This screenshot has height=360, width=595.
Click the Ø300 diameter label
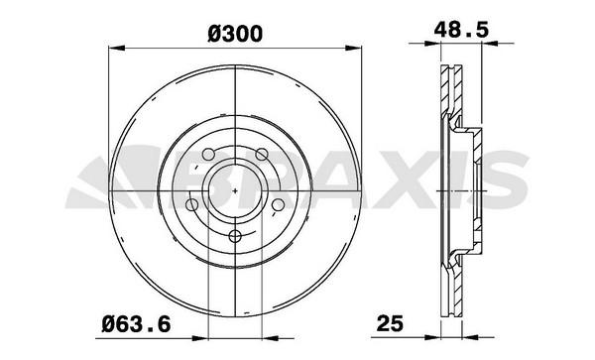(x=235, y=34)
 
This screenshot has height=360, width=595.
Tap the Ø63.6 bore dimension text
(x=136, y=324)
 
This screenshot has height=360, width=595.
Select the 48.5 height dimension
(x=461, y=30)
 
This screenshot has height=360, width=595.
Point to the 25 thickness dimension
(x=390, y=324)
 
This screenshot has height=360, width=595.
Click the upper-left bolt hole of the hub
(x=208, y=154)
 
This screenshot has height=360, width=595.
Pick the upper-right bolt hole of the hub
(x=262, y=154)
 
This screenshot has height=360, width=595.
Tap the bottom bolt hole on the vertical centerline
(x=235, y=236)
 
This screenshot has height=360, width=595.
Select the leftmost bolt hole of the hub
(x=191, y=205)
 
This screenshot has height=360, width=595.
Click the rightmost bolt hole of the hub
(x=278, y=205)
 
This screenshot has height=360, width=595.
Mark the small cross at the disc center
(x=235, y=190)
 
